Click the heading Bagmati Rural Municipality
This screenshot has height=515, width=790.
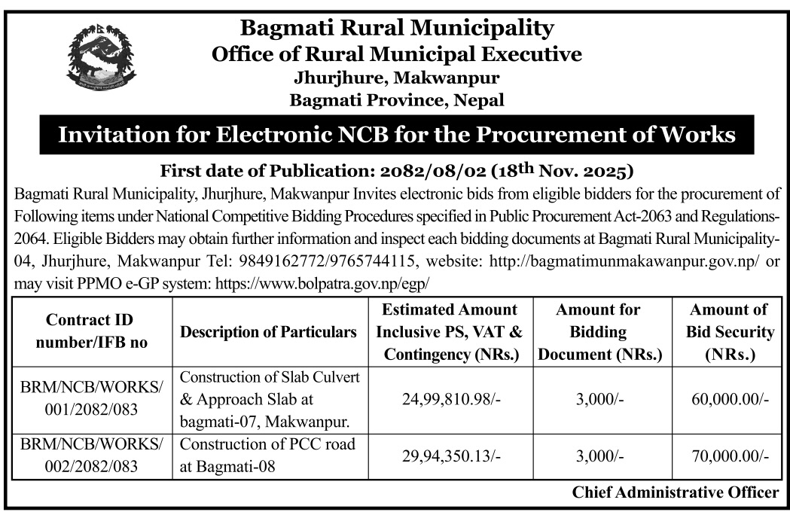[396, 29]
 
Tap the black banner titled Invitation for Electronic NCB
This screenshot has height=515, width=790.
[396, 136]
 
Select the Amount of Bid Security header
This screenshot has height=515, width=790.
[728, 331]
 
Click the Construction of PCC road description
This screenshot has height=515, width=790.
[267, 455]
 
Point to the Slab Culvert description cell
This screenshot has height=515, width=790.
[269, 398]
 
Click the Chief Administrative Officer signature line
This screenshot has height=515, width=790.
[676, 493]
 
